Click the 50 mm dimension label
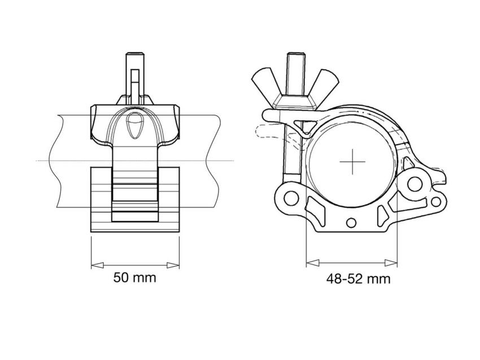(x=134, y=278)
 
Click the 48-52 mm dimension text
(x=358, y=278)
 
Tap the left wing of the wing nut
(x=266, y=82)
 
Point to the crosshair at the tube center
(x=354, y=163)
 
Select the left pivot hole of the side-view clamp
(x=290, y=198)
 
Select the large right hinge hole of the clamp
(x=416, y=183)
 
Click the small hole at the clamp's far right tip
(x=436, y=201)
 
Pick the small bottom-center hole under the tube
(x=352, y=221)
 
